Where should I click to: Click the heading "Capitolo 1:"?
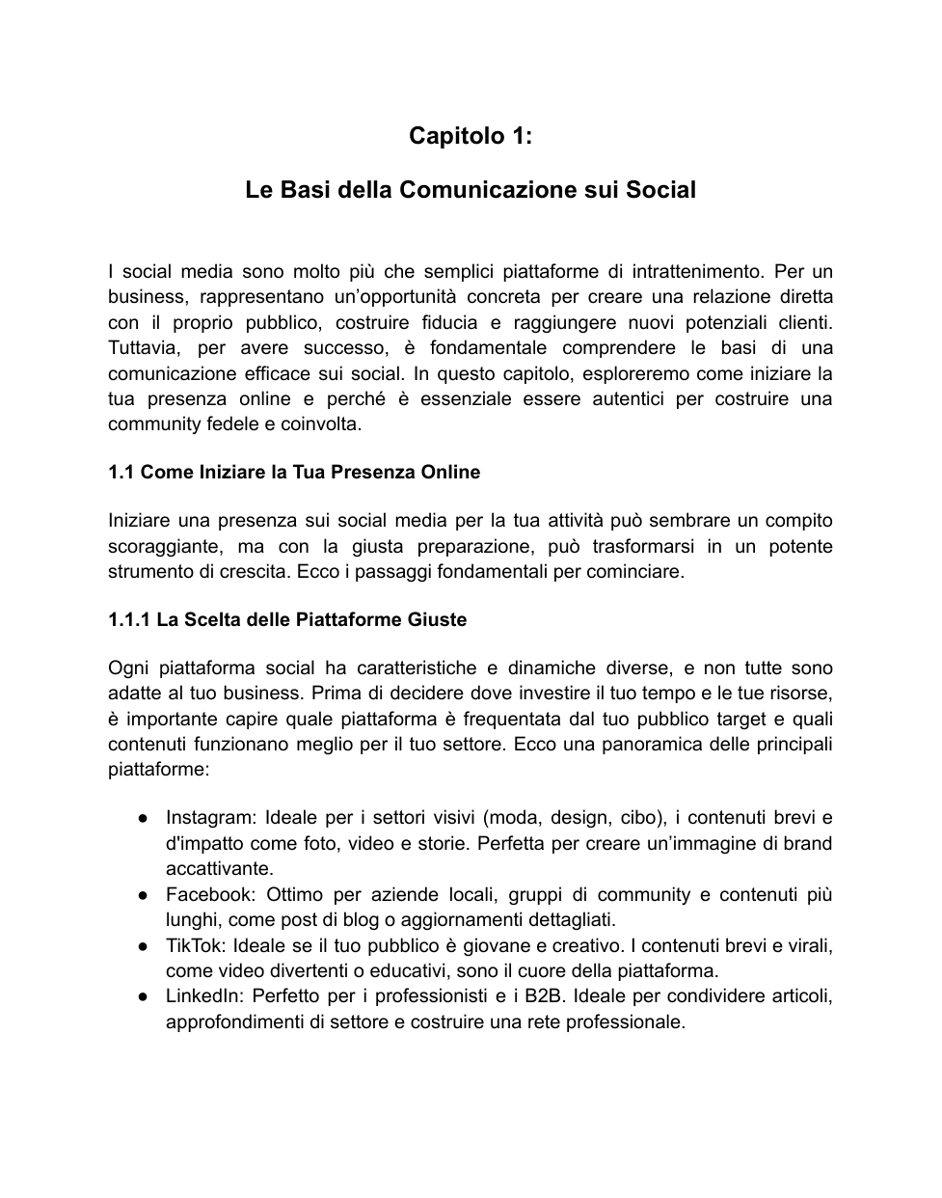(471, 136)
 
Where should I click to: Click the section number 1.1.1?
(128, 619)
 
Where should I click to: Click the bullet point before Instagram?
(142, 818)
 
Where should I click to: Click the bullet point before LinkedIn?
(142, 996)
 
